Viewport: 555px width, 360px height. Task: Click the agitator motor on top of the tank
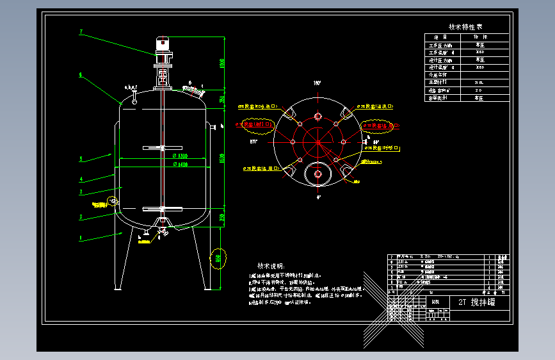(x=163, y=47)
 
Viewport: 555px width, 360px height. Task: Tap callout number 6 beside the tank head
(x=81, y=75)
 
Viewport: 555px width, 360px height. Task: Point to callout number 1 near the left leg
(x=81, y=238)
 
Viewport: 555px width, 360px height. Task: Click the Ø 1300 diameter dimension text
(x=179, y=156)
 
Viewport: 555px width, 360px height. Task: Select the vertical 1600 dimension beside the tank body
(x=223, y=157)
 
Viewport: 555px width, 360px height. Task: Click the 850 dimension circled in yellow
(x=218, y=258)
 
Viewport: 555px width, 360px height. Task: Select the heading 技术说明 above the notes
(x=271, y=266)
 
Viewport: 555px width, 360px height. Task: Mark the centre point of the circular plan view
(x=318, y=142)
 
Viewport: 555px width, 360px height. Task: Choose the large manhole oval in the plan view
(x=318, y=174)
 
